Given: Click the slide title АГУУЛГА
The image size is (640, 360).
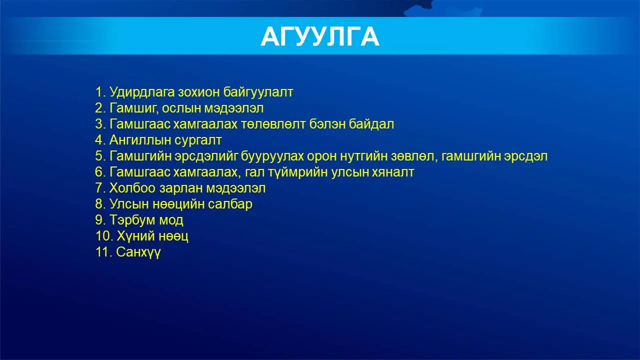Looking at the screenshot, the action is point(320,36).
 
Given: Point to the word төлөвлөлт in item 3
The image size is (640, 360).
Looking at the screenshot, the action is point(273,124).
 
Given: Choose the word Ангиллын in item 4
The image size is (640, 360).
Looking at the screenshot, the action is point(140,140).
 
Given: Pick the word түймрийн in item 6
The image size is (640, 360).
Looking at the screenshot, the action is point(298,172).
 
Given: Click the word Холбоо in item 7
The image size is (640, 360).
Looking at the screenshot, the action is point(132,188).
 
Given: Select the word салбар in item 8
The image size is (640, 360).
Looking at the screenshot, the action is point(230,204).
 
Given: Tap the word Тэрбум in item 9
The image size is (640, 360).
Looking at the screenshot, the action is point(132,220).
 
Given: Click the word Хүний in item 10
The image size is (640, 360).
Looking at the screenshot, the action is point(135,236).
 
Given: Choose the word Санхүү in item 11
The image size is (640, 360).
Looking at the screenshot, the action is point(138,252).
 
